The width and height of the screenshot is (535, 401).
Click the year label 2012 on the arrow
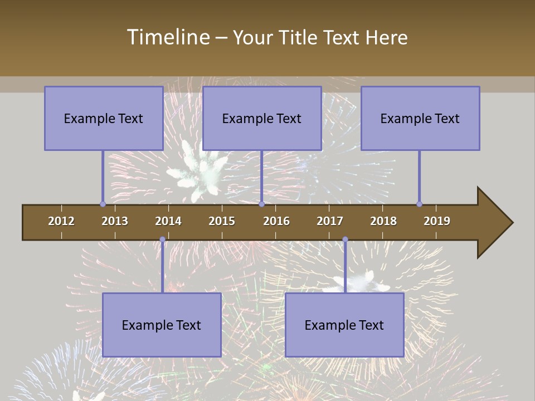(61, 221)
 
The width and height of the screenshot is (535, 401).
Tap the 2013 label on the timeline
(115, 221)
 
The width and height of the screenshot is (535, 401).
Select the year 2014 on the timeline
(168, 221)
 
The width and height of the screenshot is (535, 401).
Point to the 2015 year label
(222, 221)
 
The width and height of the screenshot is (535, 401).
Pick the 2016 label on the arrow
(276, 221)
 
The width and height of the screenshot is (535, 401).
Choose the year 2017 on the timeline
(330, 221)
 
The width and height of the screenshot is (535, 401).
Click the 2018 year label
(383, 221)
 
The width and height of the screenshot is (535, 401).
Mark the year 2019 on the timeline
(437, 221)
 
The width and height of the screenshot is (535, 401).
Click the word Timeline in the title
(168, 37)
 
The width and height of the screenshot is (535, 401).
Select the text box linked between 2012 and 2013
(103, 118)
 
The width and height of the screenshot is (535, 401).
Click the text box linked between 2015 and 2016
(262, 118)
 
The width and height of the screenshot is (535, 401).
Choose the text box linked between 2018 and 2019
(420, 118)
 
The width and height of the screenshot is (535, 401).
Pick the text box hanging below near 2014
(162, 325)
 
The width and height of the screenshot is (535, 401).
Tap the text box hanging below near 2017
(344, 325)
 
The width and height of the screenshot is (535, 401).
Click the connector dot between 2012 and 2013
(103, 204)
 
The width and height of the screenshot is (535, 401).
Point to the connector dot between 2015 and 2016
(261, 204)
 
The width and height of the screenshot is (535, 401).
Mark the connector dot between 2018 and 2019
(419, 204)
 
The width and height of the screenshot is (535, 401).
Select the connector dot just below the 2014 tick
(162, 239)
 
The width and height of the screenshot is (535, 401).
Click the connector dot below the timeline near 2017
(345, 239)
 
